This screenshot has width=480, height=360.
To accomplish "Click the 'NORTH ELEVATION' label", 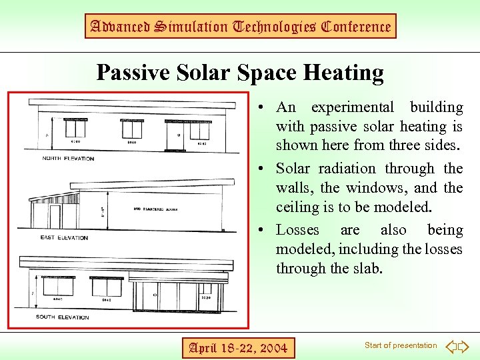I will [x=68, y=159].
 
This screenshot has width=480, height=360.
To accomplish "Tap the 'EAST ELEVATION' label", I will [x=64, y=237].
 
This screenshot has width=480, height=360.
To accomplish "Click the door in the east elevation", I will [x=55, y=216].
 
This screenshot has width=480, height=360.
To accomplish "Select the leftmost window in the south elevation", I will [x=57, y=287].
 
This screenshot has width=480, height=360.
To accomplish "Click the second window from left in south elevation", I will [x=106, y=287].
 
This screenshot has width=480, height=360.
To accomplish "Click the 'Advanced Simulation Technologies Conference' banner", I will [x=240, y=27].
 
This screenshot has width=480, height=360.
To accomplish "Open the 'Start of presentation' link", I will [x=400, y=345].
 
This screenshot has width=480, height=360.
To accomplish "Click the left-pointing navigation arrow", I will [x=451, y=346].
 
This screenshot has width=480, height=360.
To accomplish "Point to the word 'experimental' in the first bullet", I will [x=353, y=107].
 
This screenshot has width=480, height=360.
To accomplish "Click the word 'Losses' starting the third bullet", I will [x=298, y=230].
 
